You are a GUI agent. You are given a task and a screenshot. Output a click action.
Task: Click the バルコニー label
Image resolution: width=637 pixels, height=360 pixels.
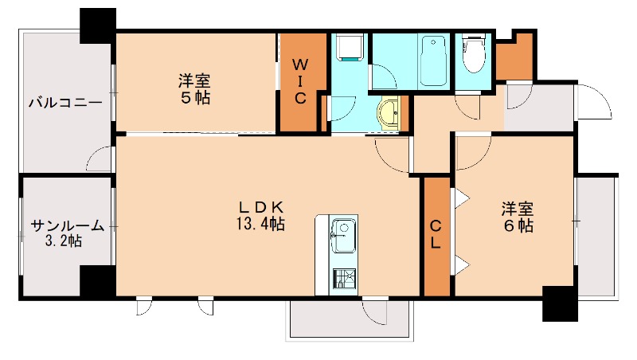click(65, 103)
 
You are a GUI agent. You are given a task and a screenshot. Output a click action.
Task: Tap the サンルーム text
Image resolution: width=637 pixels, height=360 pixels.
click(67, 225)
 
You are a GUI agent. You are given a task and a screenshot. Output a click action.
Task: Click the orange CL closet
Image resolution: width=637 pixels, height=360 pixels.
click(436, 235)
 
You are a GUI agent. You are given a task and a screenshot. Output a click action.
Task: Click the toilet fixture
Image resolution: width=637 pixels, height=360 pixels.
click(474, 56)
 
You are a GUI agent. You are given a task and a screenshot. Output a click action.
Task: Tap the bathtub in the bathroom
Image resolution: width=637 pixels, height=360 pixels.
click(432, 61)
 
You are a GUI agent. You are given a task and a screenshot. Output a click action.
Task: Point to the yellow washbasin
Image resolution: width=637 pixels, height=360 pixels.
click(390, 113)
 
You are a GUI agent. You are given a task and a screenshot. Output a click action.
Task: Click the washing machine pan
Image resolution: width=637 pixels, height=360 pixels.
click(348, 49)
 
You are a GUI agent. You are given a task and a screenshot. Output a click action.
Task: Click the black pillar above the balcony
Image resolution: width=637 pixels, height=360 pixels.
click(98, 26)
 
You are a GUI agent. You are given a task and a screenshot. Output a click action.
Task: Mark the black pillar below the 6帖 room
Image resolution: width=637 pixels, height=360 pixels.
click(559, 303)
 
